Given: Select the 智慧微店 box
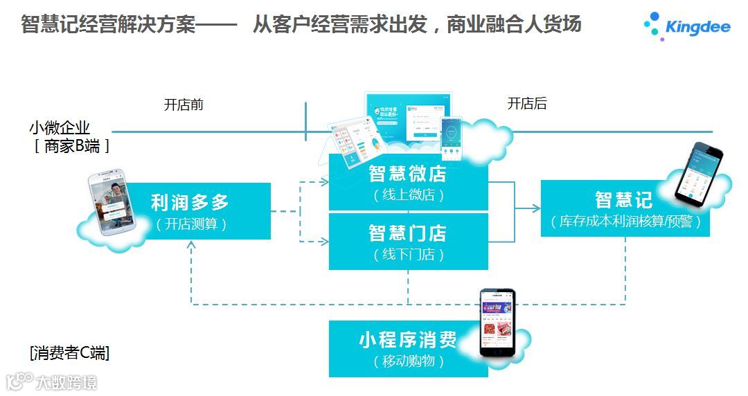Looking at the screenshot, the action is click(407, 183).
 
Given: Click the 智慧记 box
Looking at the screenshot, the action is click(625, 208).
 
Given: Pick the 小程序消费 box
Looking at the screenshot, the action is click(407, 348).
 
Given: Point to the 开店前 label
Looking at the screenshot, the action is click(184, 105).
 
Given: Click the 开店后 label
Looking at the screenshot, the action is click(527, 104).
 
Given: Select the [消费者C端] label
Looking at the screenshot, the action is click(69, 352).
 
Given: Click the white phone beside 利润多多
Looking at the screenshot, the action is click(113, 204).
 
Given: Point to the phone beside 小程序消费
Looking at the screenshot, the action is click(498, 322).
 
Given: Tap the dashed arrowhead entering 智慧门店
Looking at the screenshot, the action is click(324, 241).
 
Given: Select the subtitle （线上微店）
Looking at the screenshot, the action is click(407, 196).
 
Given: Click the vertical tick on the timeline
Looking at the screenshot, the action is click(305, 121).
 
